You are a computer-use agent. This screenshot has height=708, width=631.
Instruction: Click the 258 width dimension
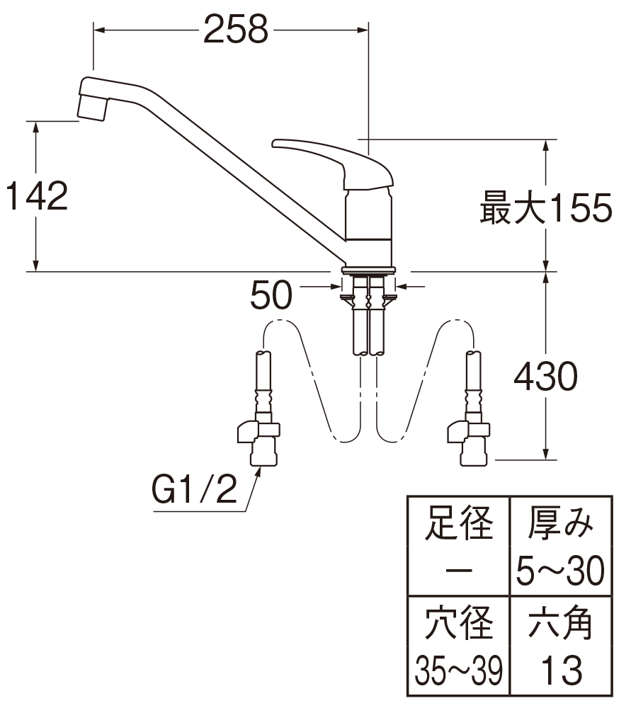(x=236, y=30)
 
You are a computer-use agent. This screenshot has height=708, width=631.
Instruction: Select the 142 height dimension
(x=37, y=196)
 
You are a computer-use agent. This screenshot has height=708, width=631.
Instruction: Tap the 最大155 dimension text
(x=546, y=208)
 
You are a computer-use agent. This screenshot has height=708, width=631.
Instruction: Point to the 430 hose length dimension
(x=545, y=376)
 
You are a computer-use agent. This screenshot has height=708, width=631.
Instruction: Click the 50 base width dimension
(x=271, y=295)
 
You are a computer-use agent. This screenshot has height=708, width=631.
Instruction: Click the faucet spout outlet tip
(x=93, y=109)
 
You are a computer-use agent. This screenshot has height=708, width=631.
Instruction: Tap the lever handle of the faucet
(x=332, y=164)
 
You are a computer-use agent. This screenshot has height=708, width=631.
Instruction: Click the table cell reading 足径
(x=458, y=523)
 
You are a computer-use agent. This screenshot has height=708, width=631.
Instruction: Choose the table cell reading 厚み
(x=561, y=523)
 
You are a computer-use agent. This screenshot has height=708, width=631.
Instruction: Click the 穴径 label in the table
(x=458, y=623)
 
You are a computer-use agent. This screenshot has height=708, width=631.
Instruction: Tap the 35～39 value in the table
(x=458, y=671)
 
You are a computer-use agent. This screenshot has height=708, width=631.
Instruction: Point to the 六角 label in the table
(x=561, y=623)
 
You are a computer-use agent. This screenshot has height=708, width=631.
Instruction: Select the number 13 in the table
(x=562, y=671)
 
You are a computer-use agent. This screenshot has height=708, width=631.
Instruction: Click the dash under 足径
(x=458, y=571)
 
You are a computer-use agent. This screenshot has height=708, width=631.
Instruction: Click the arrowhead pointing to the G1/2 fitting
(x=259, y=472)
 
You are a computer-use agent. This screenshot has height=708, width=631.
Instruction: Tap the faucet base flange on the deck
(x=369, y=270)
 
